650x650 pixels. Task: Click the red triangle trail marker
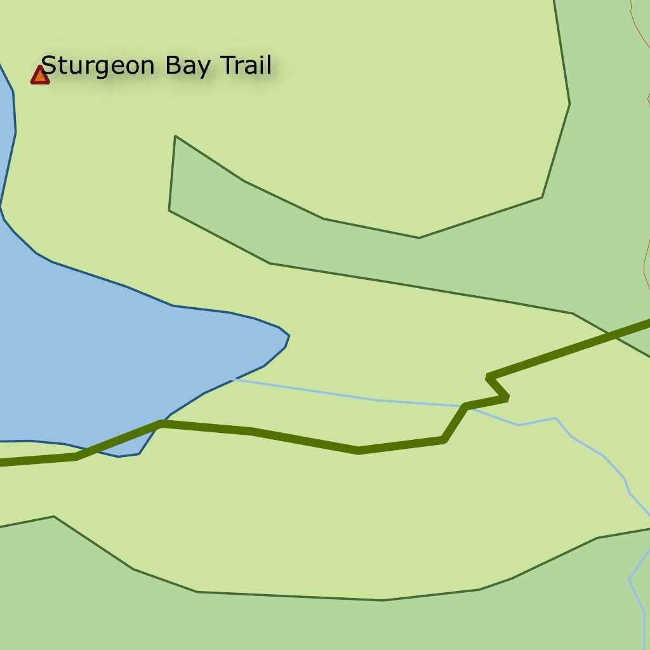click(x=40, y=76)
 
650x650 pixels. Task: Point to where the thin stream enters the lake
click(x=234, y=379)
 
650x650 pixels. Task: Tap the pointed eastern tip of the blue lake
click(x=289, y=336)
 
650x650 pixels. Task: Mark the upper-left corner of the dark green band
click(x=175, y=136)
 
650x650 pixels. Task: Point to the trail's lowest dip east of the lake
click(x=359, y=450)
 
